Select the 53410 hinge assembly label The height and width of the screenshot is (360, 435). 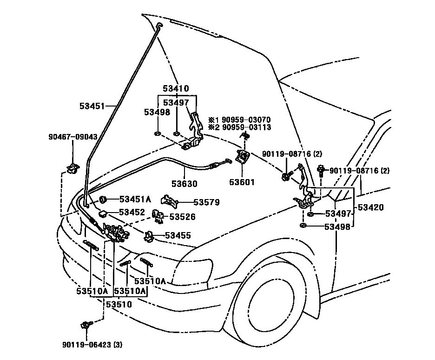click(x=176, y=88)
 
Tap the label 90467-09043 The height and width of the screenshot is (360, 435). click(x=73, y=137)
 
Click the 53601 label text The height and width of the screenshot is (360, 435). click(x=242, y=182)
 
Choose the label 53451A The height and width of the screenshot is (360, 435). click(x=135, y=199)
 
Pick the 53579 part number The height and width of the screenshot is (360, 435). click(x=207, y=202)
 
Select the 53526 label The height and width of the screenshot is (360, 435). click(x=182, y=217)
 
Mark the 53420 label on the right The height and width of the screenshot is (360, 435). click(x=371, y=207)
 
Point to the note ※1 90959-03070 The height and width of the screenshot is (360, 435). click(x=239, y=120)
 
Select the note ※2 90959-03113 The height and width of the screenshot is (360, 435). click(x=239, y=127)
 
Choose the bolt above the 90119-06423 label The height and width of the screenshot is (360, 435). click(x=86, y=325)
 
